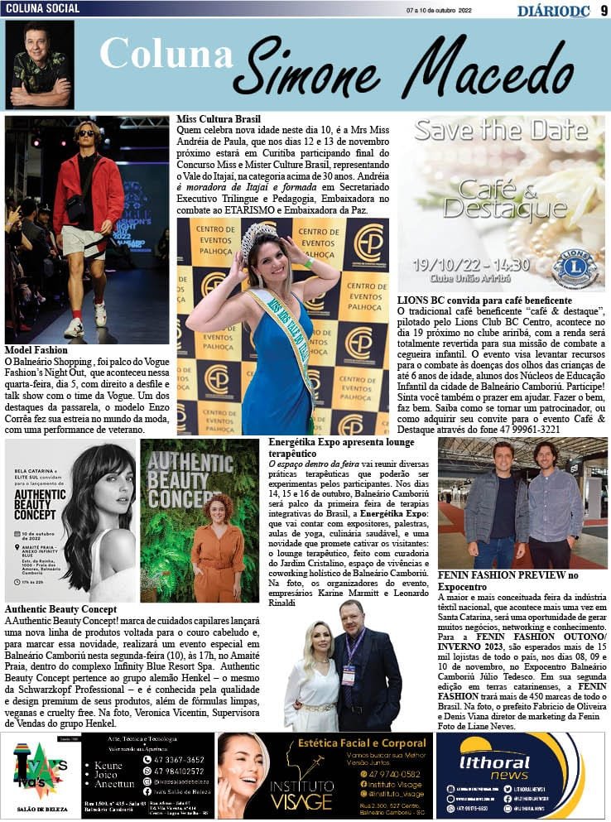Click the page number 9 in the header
click(x=604, y=9)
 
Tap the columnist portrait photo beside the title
click(x=40, y=65)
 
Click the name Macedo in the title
click(x=489, y=68)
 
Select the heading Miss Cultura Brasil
click(x=219, y=119)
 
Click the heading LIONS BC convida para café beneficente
click(x=484, y=300)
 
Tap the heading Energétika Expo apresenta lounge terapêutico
click(x=341, y=448)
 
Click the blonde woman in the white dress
click(x=312, y=671)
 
